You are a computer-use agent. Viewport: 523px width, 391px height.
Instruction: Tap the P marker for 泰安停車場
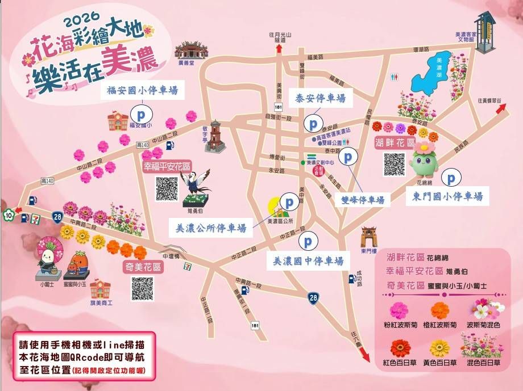[312, 123]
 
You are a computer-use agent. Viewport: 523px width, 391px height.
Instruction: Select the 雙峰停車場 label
[363, 200]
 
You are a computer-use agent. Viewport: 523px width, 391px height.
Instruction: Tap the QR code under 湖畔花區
[394, 164]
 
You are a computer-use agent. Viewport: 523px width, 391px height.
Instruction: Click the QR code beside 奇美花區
[142, 288]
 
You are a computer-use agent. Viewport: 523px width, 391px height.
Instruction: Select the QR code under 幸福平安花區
[167, 188]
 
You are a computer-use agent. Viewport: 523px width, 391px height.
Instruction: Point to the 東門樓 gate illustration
[369, 238]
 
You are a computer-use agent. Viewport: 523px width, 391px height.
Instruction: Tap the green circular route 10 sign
[8, 215]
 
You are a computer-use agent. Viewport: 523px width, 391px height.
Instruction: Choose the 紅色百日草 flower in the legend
[401, 347]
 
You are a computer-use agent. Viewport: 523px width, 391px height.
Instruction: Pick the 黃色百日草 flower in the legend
[440, 347]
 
